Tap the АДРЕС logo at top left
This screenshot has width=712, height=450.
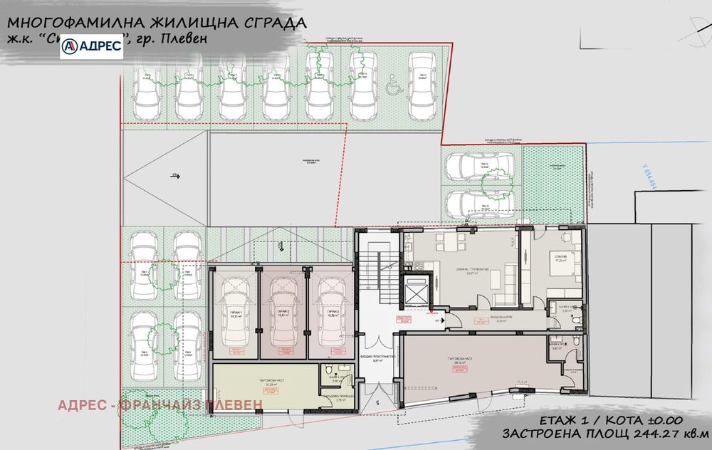tap(92, 46)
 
